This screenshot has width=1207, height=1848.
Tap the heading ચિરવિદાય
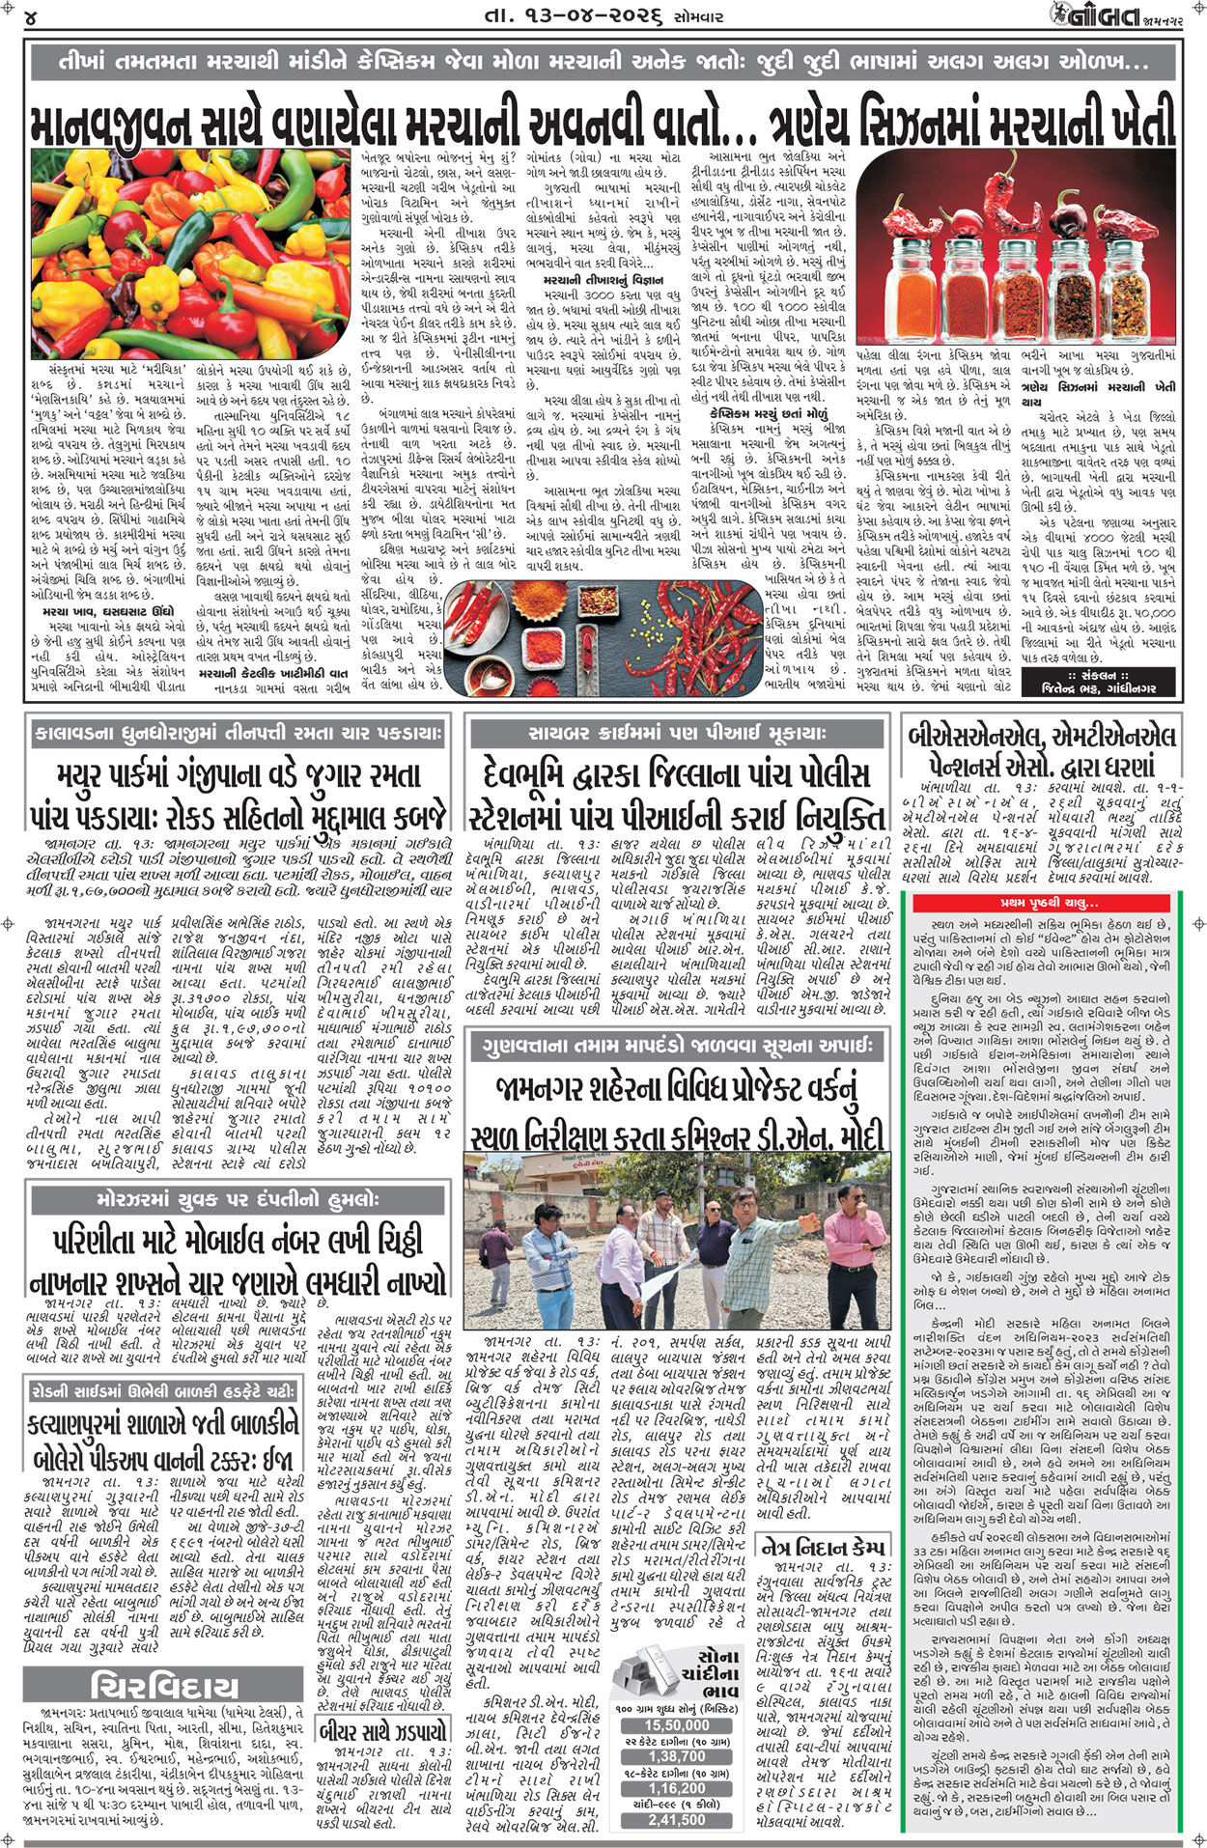[x=163, y=1688]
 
